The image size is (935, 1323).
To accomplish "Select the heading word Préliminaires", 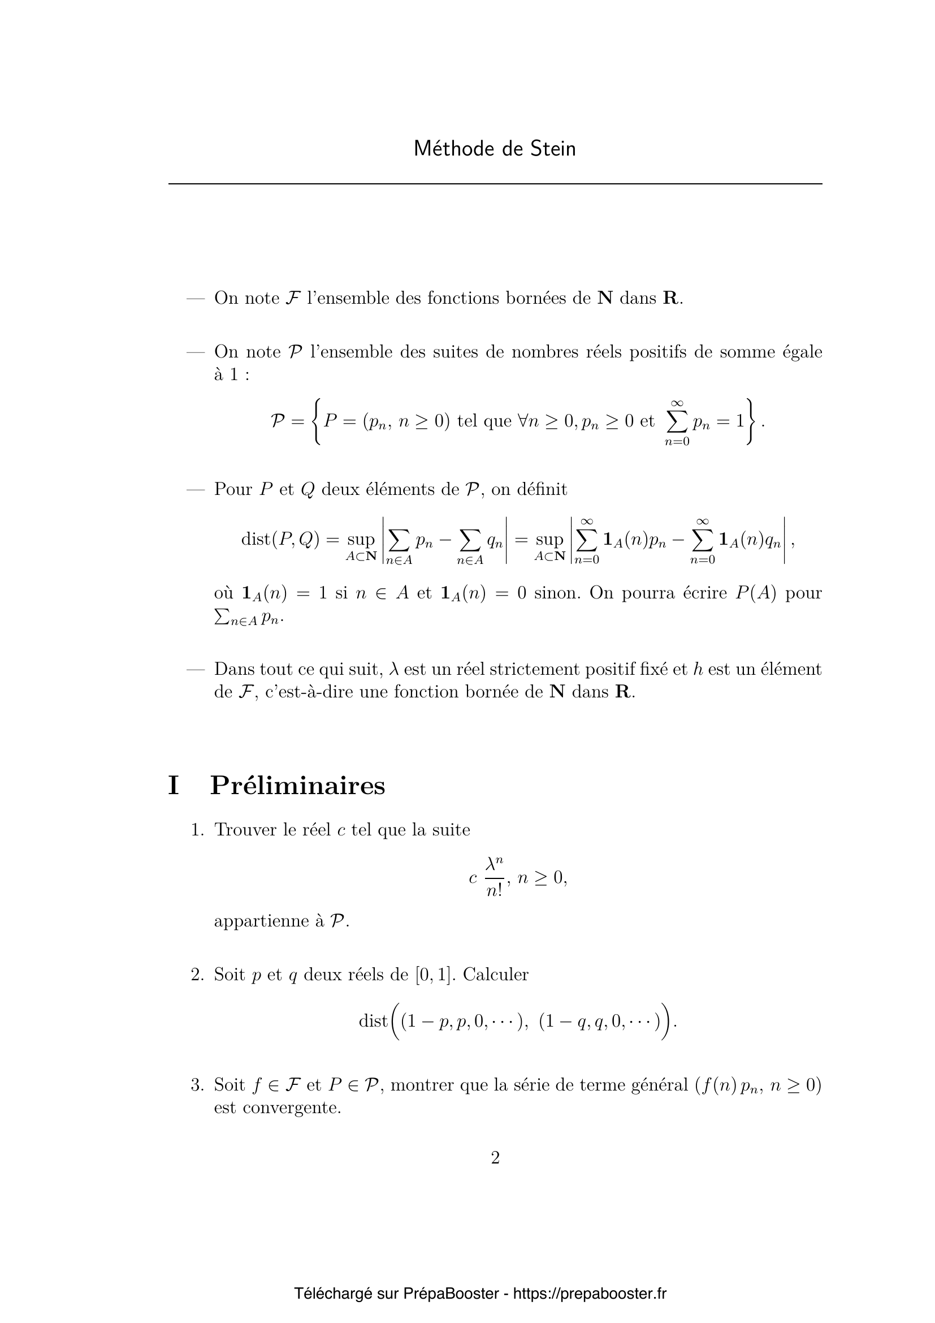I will [x=297, y=786].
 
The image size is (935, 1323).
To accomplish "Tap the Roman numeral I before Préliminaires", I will [x=174, y=786].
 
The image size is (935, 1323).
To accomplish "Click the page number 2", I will [x=495, y=1158].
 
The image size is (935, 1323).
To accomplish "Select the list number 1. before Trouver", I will [x=197, y=830].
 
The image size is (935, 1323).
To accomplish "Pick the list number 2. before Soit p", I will [x=197, y=975].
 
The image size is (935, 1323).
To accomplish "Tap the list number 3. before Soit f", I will [x=197, y=1085].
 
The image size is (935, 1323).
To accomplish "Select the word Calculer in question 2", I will [x=496, y=975].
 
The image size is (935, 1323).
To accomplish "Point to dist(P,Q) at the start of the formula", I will [x=280, y=540].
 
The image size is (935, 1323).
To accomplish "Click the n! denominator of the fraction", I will [x=494, y=891].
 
